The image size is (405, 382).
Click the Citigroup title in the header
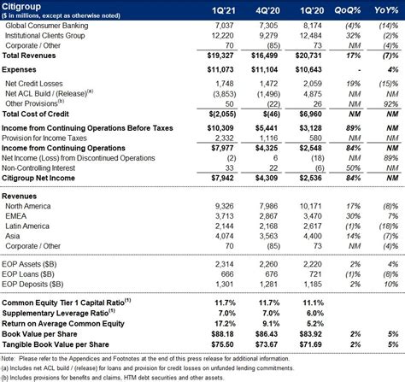pyautogui.click(x=21, y=6)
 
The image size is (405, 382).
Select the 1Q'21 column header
pyautogui.click(x=223, y=11)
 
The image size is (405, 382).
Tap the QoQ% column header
pyautogui.click(x=348, y=10)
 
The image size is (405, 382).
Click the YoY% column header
pyautogui.click(x=386, y=10)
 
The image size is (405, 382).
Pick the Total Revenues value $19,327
pyautogui.click(x=220, y=56)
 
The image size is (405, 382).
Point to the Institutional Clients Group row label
pyautogui.click(x=45, y=36)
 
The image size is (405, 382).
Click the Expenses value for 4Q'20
pyautogui.click(x=264, y=69)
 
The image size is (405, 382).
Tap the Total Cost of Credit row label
pyautogui.click(x=35, y=114)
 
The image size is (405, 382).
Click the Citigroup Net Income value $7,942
pyautogui.click(x=222, y=178)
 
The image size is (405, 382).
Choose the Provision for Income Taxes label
pyautogui.click(x=44, y=138)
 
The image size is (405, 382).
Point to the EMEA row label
pyautogui.click(x=16, y=216)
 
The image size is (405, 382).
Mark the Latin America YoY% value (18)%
pyautogui.click(x=389, y=226)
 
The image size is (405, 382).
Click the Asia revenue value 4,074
pyautogui.click(x=224, y=236)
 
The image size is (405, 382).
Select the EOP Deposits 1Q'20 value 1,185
pyautogui.click(x=313, y=284)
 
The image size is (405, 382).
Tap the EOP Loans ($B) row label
pyautogui.click(x=28, y=274)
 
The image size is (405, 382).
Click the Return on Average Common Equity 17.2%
pyautogui.click(x=225, y=324)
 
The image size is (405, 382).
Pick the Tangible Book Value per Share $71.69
pyautogui.click(x=310, y=344)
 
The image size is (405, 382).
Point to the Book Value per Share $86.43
pyautogui.click(x=267, y=334)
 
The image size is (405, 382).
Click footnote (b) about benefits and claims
pyautogui.click(x=113, y=378)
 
